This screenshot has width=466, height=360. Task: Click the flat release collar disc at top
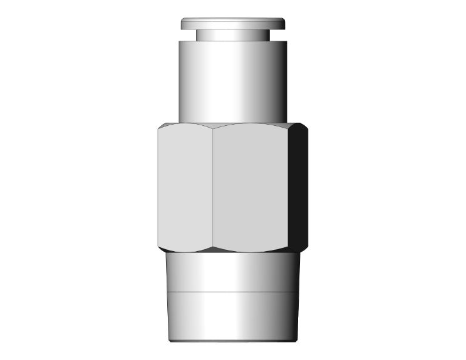233,23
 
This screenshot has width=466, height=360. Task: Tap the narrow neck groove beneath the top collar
233,35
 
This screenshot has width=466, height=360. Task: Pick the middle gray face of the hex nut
251,188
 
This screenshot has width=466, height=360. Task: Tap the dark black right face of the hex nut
299,188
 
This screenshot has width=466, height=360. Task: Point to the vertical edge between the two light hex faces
212,188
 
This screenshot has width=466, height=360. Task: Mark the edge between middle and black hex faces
289,188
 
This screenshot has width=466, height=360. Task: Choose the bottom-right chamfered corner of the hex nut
303,248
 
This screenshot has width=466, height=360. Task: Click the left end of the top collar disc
184,24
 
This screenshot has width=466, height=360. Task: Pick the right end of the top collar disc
283,24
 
